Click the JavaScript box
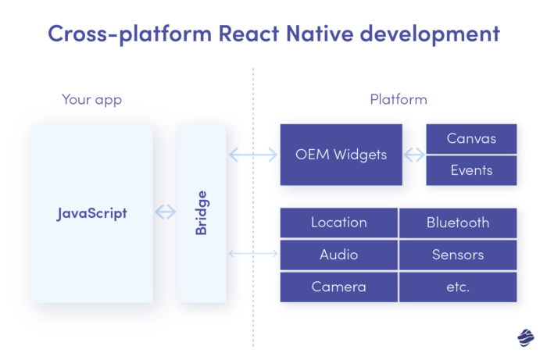(x=91, y=212)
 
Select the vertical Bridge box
(x=202, y=212)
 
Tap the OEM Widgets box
(x=341, y=155)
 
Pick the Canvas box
(x=471, y=139)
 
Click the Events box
(x=471, y=170)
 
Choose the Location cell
(x=339, y=223)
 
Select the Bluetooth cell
(x=458, y=223)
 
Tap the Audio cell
(x=339, y=255)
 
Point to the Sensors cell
(x=458, y=255)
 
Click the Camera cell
(x=339, y=287)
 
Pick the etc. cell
(x=458, y=287)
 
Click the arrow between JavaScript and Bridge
(x=166, y=212)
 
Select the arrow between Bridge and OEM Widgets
(x=253, y=155)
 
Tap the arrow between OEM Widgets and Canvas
(x=413, y=155)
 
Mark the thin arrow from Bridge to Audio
(x=253, y=254)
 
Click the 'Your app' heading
(x=91, y=100)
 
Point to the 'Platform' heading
(x=399, y=100)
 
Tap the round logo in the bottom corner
(x=524, y=337)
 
